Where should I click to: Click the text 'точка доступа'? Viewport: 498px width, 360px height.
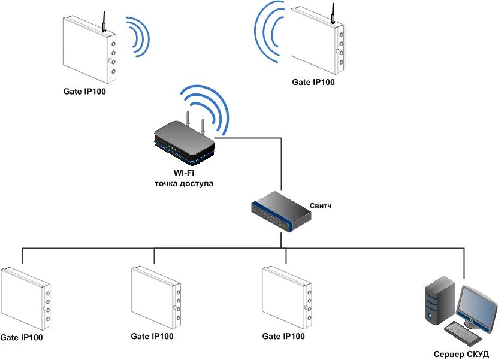click(183, 184)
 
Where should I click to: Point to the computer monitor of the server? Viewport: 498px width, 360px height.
click(476, 304)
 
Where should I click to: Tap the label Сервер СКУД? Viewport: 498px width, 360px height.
click(461, 353)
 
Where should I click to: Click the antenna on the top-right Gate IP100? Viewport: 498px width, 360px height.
click(332, 13)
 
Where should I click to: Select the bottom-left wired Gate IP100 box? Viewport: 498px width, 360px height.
click(26, 298)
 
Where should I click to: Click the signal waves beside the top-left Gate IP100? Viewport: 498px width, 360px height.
click(138, 37)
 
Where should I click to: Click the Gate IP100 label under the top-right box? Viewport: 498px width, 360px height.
click(313, 82)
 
